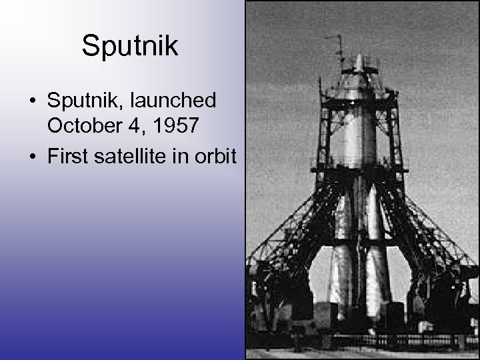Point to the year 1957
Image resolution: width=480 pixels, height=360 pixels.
point(175,125)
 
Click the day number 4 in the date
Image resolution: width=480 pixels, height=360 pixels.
point(133,125)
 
